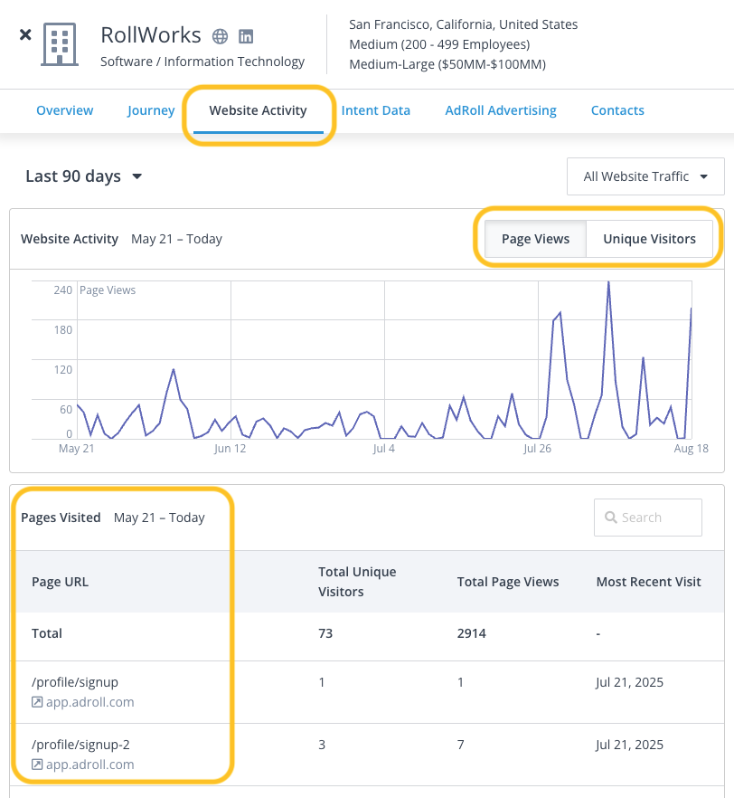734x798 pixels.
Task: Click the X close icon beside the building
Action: [x=25, y=34]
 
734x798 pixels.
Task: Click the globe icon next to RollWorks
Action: [x=220, y=36]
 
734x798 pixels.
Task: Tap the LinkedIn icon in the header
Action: [x=246, y=36]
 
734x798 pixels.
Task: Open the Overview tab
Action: [x=64, y=110]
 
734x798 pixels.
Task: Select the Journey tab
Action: [x=151, y=110]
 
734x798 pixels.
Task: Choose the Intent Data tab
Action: [x=375, y=110]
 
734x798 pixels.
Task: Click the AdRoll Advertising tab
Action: [x=501, y=110]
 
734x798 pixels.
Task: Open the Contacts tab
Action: [x=617, y=110]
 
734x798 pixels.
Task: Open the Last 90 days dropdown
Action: [x=84, y=176]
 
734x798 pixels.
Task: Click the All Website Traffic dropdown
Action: [x=645, y=176]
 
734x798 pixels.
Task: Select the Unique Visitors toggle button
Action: [x=649, y=239]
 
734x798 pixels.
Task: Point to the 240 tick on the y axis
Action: [x=62, y=290]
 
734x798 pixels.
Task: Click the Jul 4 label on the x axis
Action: [x=383, y=448]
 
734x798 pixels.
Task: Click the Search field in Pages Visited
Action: [x=648, y=518]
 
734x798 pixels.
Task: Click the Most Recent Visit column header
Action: [x=648, y=582]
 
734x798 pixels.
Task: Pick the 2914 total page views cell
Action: [x=472, y=633]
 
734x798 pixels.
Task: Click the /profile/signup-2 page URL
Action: [x=81, y=745]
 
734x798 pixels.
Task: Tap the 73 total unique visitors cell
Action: [x=325, y=633]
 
